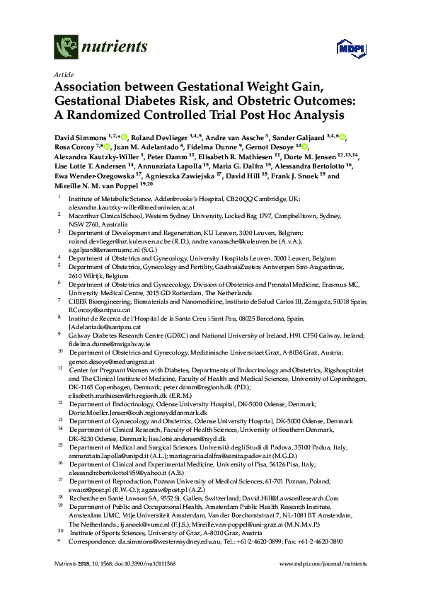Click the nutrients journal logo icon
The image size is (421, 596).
[66, 49]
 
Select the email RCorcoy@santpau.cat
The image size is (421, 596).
[97, 308]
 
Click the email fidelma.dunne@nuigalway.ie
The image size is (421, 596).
[112, 340]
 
